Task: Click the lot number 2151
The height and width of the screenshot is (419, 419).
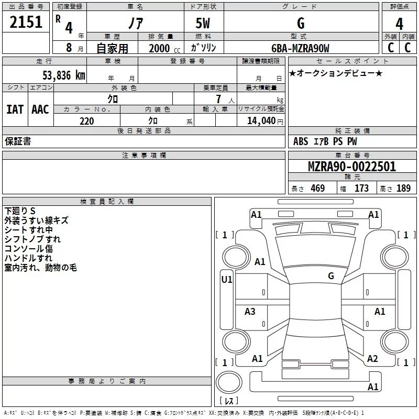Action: coord(26,22)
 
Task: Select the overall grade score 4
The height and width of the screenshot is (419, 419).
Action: coord(399,24)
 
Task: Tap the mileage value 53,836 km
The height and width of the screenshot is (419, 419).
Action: coord(64,75)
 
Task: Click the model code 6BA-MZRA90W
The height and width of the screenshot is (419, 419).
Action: coord(300,48)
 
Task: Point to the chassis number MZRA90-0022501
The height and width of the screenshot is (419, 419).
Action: coord(352,167)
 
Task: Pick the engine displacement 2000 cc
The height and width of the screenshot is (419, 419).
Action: coord(164,48)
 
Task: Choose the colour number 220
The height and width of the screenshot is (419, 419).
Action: coord(86,121)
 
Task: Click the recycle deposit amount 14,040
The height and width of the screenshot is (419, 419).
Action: coord(261,121)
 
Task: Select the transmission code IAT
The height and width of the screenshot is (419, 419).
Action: coord(15,109)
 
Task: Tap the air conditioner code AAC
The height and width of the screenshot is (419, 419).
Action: coord(40,109)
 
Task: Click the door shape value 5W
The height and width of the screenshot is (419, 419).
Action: coord(203,23)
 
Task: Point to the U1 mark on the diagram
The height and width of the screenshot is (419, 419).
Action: coord(227,280)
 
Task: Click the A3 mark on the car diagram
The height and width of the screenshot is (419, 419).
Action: coord(250,311)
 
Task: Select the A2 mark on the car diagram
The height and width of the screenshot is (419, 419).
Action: coord(372,359)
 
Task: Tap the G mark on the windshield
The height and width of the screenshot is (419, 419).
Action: coord(331,276)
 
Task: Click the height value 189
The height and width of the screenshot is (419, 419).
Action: coord(403,188)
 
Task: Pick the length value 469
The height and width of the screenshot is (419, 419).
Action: coord(318,188)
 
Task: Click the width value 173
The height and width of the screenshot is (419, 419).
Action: coord(361,188)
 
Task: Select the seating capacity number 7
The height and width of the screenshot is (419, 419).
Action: coord(218,99)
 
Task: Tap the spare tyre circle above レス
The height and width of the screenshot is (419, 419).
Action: coord(229,382)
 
